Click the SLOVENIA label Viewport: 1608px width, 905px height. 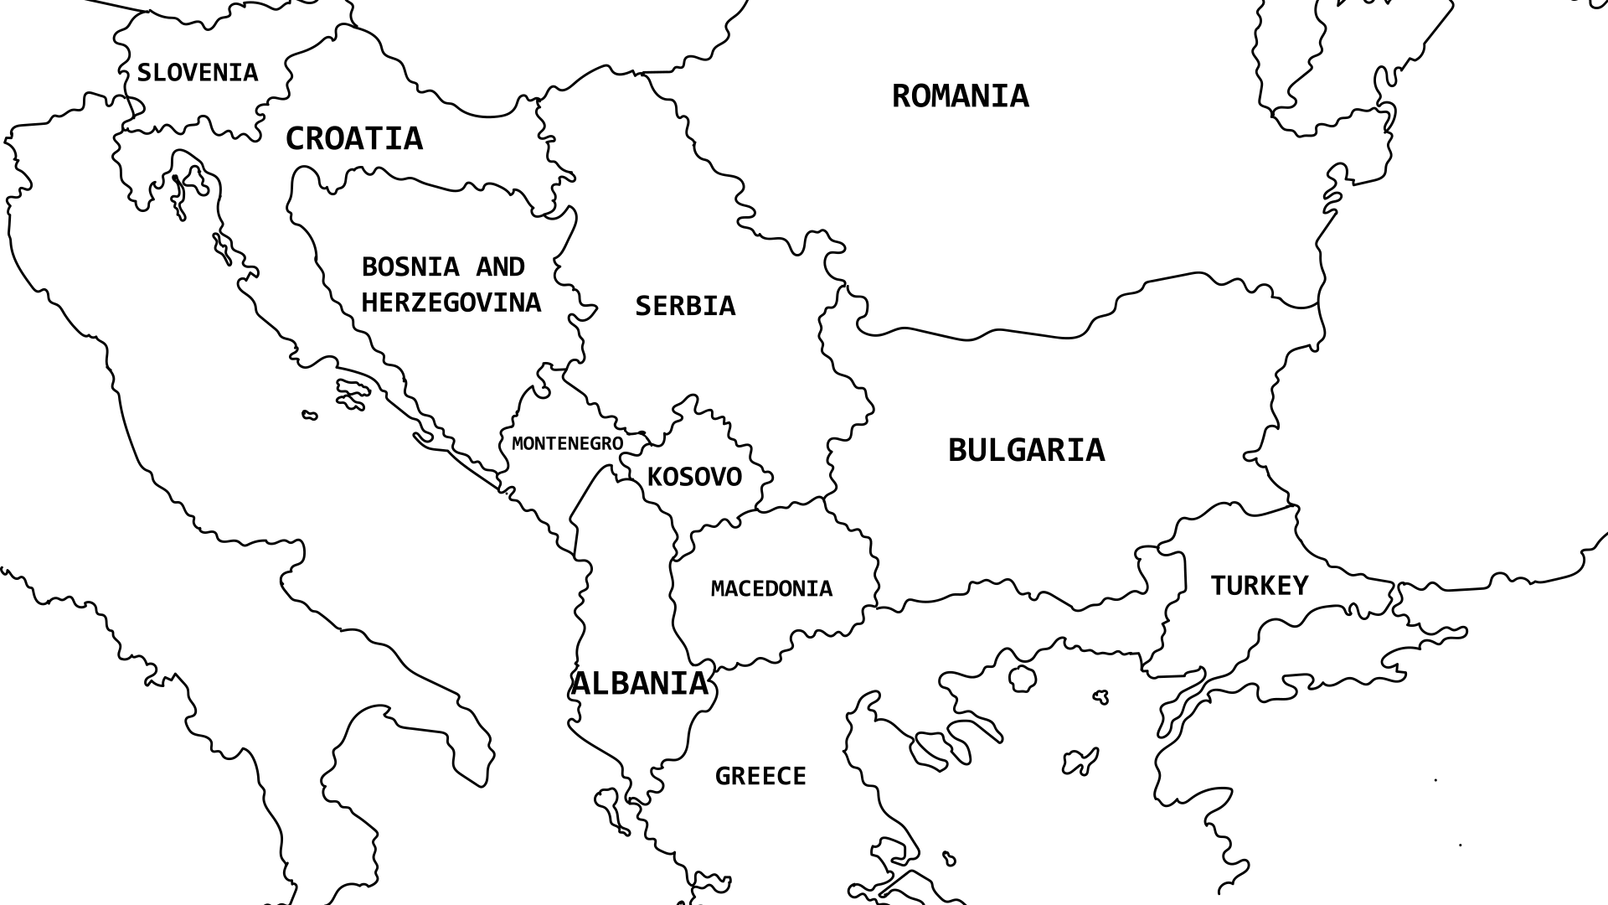click(198, 73)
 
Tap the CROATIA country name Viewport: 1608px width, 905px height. click(354, 139)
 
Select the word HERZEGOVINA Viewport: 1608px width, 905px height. click(451, 303)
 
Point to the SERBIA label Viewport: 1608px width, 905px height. click(685, 306)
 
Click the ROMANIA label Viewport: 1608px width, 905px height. click(960, 96)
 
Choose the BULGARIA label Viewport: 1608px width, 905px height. click(1026, 451)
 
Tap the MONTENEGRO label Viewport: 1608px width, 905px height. click(567, 443)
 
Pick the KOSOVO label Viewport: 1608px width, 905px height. click(694, 478)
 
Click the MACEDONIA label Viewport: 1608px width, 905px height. click(771, 589)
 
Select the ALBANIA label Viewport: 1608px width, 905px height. click(640, 684)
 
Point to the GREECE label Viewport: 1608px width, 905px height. click(760, 777)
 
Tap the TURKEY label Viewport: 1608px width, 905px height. click(1259, 586)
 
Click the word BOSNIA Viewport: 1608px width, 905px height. click(410, 267)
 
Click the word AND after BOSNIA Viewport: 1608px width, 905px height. click(500, 267)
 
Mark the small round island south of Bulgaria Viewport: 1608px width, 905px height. click(1022, 678)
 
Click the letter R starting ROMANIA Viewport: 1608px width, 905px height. click(901, 96)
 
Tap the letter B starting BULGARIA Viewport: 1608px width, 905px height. click(958, 451)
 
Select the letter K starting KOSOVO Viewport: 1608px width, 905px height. click(656, 478)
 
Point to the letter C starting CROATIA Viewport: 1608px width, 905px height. click(295, 139)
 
